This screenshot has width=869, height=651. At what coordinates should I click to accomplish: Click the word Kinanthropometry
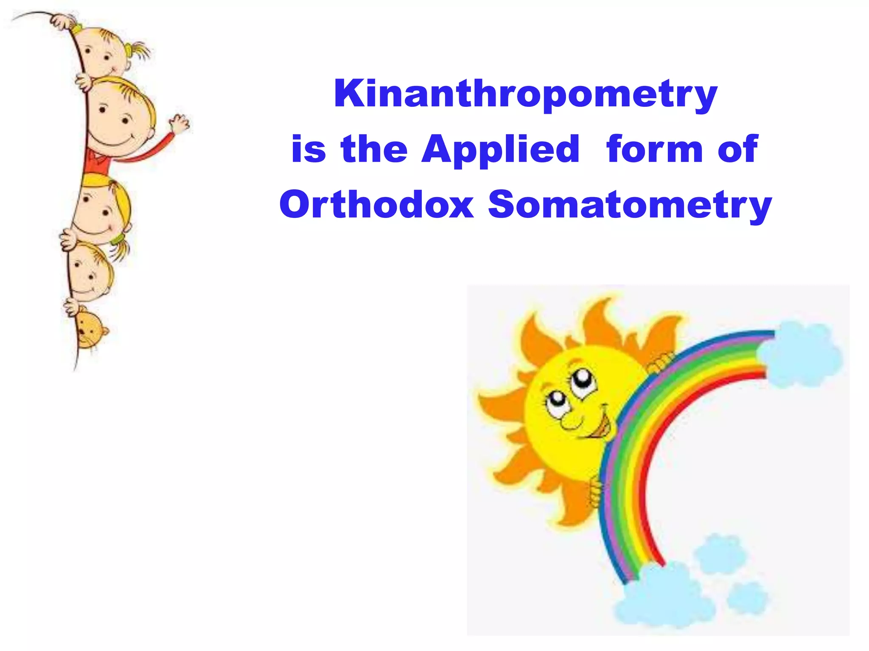click(525, 94)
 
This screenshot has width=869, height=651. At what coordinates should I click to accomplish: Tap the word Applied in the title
click(501, 149)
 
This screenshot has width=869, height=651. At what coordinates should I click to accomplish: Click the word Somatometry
click(630, 205)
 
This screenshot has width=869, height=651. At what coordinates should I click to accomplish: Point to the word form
click(655, 149)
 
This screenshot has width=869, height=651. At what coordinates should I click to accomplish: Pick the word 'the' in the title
click(374, 149)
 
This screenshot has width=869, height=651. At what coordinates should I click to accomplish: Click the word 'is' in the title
click(308, 149)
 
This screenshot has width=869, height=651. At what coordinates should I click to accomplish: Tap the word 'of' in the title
click(737, 149)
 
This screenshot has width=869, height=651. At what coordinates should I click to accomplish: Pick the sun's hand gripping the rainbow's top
click(660, 362)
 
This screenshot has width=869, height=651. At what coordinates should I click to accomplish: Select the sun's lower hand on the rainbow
click(596, 492)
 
